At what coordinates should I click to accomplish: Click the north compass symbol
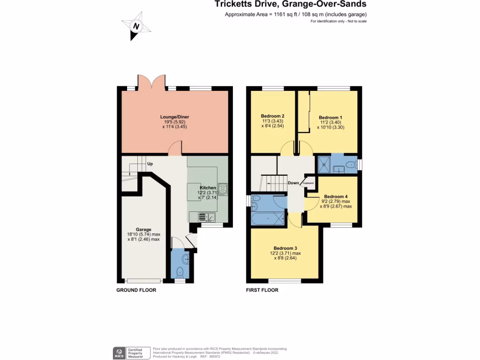tap(136, 26)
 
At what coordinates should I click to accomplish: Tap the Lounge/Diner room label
tap(174, 117)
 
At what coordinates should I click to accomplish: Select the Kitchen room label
tap(208, 187)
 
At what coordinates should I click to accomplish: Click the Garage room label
tap(143, 229)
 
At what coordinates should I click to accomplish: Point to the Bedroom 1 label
tap(330, 118)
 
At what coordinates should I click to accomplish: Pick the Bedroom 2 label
tap(273, 116)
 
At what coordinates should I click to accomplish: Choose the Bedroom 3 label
tap(285, 248)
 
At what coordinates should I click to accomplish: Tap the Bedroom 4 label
tap(336, 196)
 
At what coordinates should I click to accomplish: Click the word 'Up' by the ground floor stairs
tap(150, 164)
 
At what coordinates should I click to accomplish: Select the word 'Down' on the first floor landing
tap(293, 183)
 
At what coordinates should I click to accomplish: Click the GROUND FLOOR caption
tap(136, 290)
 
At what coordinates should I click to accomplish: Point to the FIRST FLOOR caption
tap(262, 290)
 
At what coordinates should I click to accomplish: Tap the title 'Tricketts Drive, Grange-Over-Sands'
tap(291, 5)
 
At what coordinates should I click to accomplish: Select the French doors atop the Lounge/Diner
tap(151, 82)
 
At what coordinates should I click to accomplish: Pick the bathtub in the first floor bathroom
tap(268, 218)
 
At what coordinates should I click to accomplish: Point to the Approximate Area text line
tap(296, 15)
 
